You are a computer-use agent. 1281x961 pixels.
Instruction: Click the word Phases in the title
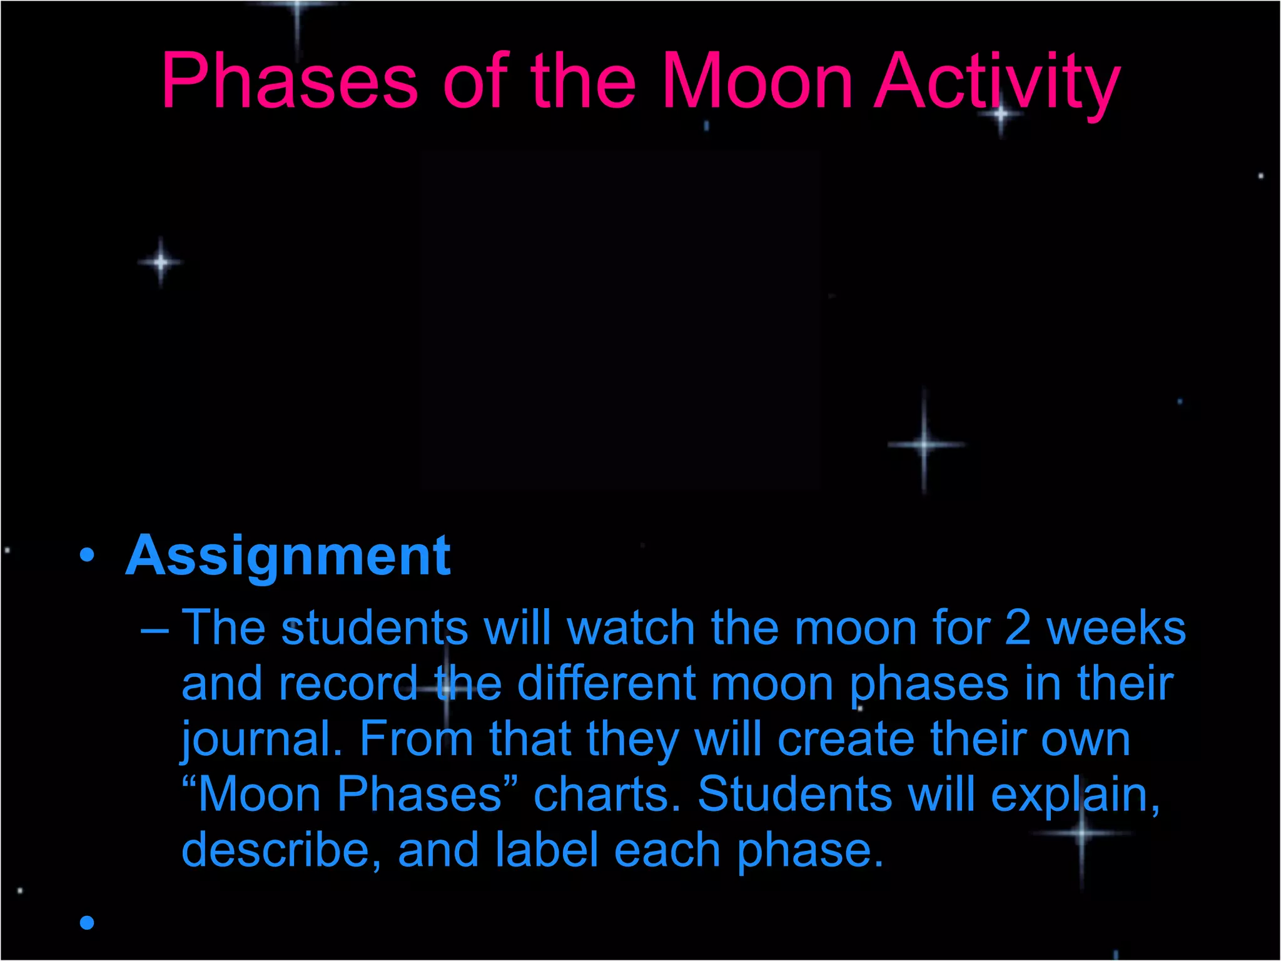(290, 81)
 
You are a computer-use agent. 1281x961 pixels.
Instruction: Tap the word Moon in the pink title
(757, 81)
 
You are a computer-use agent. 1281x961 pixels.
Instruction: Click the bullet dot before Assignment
(87, 554)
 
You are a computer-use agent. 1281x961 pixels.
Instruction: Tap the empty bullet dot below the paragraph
(87, 922)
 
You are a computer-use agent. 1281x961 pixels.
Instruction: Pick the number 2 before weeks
(1018, 628)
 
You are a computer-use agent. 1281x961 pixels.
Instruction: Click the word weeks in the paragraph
(1116, 628)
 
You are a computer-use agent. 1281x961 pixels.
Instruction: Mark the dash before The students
(154, 629)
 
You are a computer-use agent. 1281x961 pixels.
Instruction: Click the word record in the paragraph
(348, 683)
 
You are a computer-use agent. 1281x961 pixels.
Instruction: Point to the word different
(605, 683)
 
